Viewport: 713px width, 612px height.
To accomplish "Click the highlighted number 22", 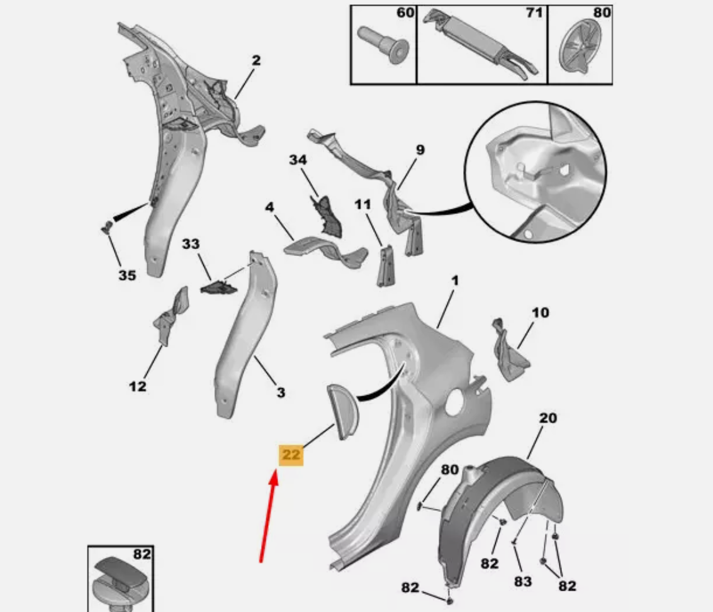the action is [291, 455].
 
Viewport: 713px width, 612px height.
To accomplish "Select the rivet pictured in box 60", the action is [383, 45].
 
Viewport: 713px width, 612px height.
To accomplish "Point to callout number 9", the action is [420, 150].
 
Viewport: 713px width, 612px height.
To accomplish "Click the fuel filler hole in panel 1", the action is [455, 402].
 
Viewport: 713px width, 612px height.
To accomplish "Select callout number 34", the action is [298, 160].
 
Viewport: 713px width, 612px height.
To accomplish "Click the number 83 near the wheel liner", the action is [523, 581].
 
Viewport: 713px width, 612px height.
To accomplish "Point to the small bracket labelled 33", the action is [219, 287].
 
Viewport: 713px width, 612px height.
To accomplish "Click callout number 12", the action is [138, 387].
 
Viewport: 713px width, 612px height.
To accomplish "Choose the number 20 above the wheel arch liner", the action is [548, 418].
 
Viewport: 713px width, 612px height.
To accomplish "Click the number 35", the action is [127, 275].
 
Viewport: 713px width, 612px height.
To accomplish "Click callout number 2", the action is [256, 60].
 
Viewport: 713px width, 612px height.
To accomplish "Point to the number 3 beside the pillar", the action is [281, 392].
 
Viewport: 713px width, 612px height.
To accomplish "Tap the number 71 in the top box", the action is [534, 13].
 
